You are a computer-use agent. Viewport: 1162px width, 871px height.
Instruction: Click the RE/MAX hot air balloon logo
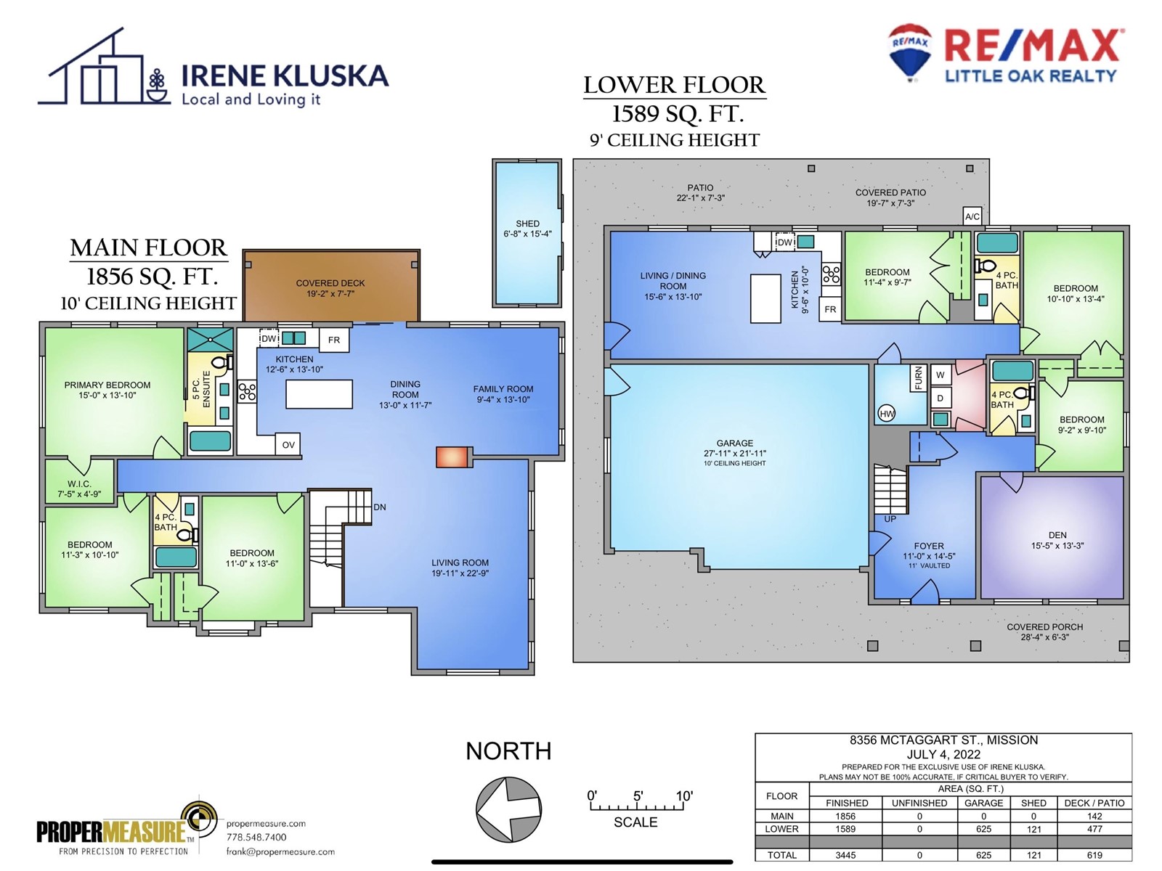coord(909,52)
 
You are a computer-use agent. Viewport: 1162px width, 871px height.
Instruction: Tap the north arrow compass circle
coord(508,809)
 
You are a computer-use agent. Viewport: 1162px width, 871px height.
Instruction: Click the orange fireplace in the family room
coord(452,457)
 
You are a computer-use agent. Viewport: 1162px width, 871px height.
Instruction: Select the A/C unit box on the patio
coord(972,216)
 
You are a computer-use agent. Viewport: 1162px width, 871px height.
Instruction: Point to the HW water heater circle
coord(887,414)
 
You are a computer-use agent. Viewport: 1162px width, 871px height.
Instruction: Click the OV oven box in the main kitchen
coord(288,444)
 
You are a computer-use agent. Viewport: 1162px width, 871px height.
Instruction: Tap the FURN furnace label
coord(918,378)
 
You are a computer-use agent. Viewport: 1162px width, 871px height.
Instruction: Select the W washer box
coord(940,375)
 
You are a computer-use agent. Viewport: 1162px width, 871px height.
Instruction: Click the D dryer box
coord(940,398)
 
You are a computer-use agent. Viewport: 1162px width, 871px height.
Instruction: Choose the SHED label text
coord(527,224)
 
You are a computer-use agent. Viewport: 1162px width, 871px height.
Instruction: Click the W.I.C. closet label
coord(79,484)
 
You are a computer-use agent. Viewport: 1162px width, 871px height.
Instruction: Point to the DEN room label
coord(1057,535)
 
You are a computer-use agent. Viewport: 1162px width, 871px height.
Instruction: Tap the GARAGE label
coord(734,443)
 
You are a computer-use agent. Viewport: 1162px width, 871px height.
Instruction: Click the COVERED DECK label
coord(330,283)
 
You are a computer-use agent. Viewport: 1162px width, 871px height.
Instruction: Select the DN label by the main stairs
coord(380,507)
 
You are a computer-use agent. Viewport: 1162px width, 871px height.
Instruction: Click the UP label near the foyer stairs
coord(890,519)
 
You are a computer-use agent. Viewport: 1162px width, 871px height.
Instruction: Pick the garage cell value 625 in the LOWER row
coord(983,829)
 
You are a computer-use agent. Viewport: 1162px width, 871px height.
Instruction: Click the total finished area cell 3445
coord(845,855)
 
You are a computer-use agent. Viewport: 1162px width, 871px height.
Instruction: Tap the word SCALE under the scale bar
coord(635,822)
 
